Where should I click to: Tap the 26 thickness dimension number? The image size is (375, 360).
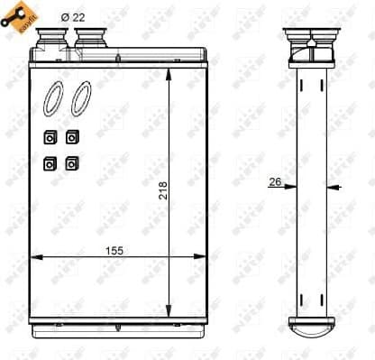275,182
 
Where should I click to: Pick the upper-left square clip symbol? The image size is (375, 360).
50,137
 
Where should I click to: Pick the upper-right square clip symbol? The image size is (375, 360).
71,137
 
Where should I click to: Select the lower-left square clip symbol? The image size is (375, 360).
50,164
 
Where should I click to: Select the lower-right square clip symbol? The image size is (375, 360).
71,164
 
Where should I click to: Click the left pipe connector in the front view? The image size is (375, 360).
52,37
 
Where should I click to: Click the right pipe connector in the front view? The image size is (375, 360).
89,37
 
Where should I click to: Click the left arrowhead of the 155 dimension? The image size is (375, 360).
36,258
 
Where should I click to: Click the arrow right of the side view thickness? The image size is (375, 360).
333,188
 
